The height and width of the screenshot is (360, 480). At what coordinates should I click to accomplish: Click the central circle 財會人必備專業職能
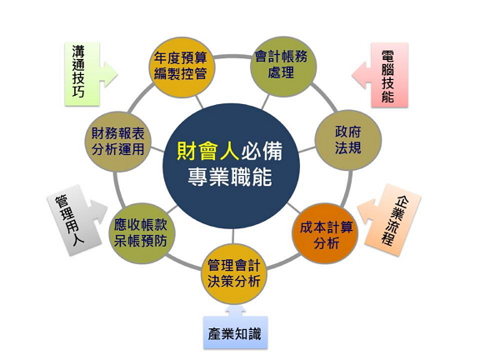(231, 166)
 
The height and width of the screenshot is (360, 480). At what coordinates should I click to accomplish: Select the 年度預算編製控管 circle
(182, 67)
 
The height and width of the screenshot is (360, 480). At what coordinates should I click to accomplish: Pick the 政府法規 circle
(348, 140)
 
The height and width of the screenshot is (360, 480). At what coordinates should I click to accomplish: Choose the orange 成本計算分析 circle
(325, 234)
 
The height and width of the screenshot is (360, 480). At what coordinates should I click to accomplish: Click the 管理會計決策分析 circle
(234, 273)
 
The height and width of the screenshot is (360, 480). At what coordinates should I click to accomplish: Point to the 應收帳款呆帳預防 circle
(142, 233)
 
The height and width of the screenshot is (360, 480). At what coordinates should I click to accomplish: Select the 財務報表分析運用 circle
(118, 142)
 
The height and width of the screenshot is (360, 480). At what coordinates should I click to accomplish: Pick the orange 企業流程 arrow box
(390, 220)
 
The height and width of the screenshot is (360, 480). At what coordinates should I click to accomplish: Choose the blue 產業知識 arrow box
(235, 329)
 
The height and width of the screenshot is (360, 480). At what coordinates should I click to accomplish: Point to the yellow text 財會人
(207, 151)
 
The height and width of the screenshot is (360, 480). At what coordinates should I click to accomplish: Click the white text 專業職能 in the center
(230, 177)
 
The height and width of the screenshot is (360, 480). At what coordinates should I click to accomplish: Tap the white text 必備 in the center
(262, 151)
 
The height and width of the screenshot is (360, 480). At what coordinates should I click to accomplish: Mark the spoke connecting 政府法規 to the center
(307, 149)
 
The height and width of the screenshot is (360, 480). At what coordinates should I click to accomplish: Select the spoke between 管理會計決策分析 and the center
(233, 236)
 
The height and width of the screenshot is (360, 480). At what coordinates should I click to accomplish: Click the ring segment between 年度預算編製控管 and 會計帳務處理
(232, 57)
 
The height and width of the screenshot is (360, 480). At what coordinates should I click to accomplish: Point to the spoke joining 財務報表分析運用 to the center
(157, 150)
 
